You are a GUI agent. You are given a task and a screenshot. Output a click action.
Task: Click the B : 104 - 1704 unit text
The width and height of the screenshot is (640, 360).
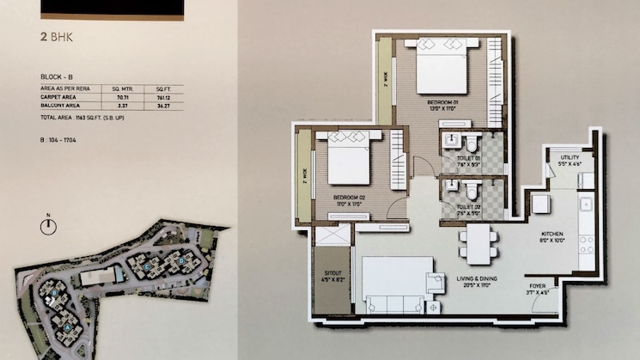60,137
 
